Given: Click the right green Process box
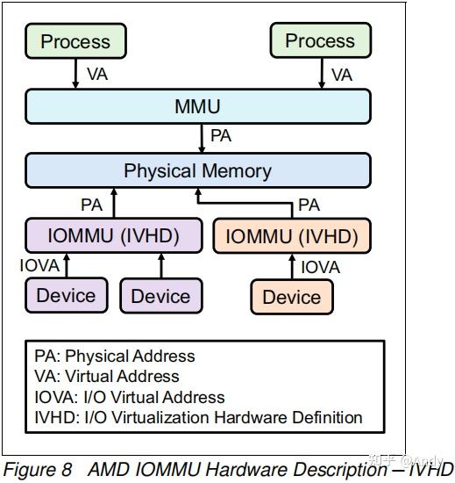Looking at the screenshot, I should point(319,41).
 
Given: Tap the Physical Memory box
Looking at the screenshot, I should point(197,170).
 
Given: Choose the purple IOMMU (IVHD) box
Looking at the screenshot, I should point(113,235).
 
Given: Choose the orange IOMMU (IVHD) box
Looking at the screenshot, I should point(292,236).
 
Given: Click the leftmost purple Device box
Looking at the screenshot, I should point(66,296).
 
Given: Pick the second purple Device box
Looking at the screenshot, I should point(160,296).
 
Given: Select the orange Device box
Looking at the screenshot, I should point(291,297).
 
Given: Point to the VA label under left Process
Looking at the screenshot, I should point(97,75).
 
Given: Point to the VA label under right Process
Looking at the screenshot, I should point(341,75).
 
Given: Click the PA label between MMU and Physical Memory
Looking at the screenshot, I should point(221,137).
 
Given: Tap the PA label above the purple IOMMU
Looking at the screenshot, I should point(91,205).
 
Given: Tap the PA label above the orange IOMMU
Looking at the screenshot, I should point(309,205).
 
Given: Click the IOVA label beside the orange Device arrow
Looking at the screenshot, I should point(320,266).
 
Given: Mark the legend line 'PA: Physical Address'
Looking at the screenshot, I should point(115,357).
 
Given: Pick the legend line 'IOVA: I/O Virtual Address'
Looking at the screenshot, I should point(130,397).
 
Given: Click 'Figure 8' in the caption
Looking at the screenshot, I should point(37,469).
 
